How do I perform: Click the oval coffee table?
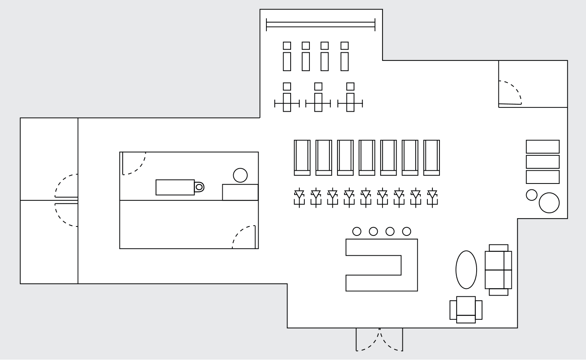[466, 270]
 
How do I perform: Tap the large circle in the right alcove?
[549, 203]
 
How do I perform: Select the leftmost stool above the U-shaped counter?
[357, 232]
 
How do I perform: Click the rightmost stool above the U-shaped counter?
[407, 232]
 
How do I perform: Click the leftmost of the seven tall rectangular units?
[302, 158]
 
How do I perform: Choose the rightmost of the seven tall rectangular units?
[431, 158]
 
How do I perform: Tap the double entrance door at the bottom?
[379, 339]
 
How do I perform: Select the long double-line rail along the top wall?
[320, 25]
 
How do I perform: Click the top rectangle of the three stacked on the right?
[543, 147]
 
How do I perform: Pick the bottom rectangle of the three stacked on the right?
[543, 177]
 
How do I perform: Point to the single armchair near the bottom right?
[466, 310]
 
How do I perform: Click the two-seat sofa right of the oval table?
[498, 270]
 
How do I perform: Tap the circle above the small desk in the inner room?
[240, 175]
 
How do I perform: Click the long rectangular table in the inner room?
[175, 187]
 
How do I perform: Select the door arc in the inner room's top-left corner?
[135, 164]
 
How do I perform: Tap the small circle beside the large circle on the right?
[531, 195]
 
